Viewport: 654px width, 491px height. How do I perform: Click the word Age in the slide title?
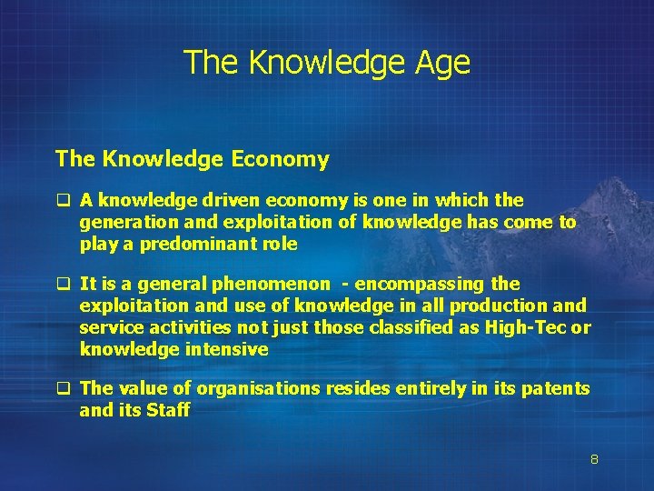pos(444,63)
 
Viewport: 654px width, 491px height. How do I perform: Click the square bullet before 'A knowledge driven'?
pos(64,200)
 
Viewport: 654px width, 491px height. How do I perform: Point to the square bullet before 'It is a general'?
pos(64,284)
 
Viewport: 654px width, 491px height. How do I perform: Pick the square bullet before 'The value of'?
pos(64,389)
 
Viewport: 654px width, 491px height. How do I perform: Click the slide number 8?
pos(594,460)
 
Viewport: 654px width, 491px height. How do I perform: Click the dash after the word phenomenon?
pos(349,285)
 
